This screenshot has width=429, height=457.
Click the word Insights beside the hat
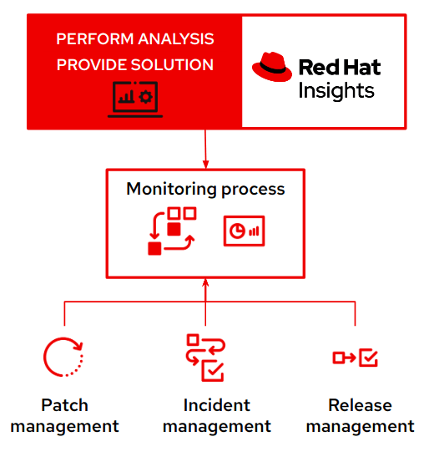(x=336, y=89)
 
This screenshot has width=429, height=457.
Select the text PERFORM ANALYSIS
(x=134, y=39)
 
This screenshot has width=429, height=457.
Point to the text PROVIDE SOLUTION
(x=134, y=64)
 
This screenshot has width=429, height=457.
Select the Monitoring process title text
(x=205, y=189)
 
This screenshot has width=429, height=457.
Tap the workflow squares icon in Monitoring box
(x=171, y=231)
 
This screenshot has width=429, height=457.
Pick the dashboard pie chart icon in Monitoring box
(x=244, y=231)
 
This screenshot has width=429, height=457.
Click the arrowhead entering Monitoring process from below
(x=205, y=286)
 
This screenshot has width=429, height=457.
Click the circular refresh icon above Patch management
(x=64, y=358)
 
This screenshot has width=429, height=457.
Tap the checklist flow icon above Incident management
(x=204, y=358)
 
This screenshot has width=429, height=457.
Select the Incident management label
(x=216, y=415)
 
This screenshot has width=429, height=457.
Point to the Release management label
(x=360, y=415)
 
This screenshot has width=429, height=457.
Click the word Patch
(x=65, y=405)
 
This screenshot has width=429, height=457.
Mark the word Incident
(x=216, y=405)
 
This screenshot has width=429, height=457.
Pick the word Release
(x=360, y=405)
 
